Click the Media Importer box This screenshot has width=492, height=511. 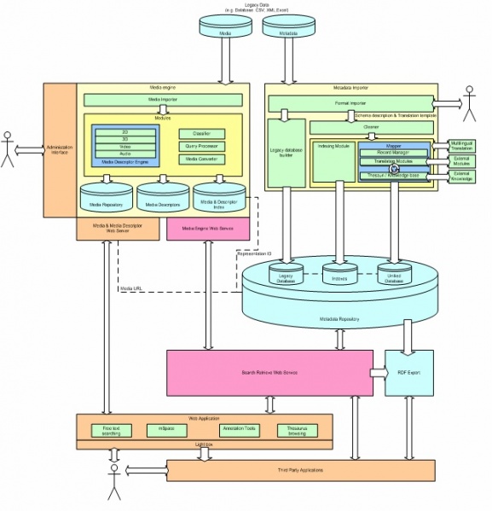click(x=163, y=100)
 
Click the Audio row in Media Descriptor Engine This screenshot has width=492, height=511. click(x=125, y=153)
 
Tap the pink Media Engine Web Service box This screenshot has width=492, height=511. click(x=207, y=228)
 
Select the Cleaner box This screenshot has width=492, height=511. click(x=371, y=127)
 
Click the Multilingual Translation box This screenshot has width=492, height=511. click(x=461, y=145)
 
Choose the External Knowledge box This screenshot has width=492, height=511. click(x=461, y=176)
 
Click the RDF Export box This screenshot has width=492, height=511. click(x=408, y=372)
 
